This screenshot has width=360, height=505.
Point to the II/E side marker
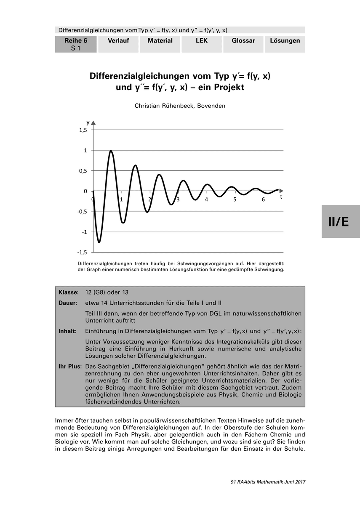tap(339, 222)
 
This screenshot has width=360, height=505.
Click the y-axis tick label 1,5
tap(83, 130)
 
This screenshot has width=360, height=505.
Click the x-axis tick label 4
tap(206, 199)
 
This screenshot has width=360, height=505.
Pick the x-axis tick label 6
tap(263, 199)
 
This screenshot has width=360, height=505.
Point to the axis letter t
tap(281, 197)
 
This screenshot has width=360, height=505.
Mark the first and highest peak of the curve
tap(111, 151)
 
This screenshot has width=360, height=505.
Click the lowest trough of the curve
tap(99, 242)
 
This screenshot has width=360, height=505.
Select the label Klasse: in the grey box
tap(69, 292)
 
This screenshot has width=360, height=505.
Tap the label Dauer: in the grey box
tap(68, 303)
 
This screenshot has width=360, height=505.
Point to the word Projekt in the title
tap(224, 88)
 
